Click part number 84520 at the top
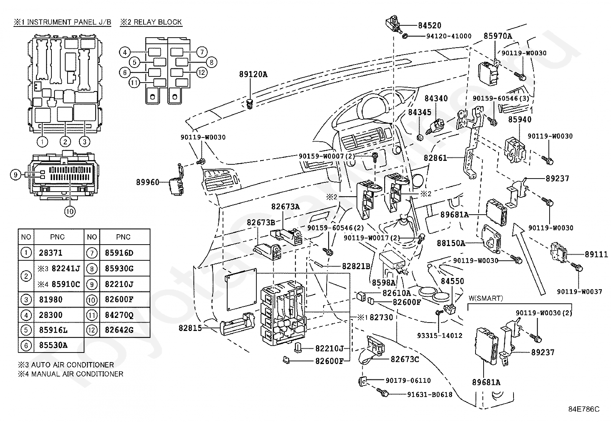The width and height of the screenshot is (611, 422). [429, 25]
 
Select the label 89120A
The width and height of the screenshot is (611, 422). [253, 74]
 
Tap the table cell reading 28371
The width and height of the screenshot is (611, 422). [51, 253]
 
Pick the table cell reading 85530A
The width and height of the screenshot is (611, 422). [53, 345]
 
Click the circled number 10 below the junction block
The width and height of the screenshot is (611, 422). [70, 211]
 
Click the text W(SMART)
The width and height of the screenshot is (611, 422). [486, 298]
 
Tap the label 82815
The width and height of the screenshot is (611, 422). [190, 328]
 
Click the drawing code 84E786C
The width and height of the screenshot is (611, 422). [584, 409]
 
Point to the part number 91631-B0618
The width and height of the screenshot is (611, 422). [429, 394]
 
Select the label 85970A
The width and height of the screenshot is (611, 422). [498, 36]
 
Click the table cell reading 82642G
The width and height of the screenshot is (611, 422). [119, 329]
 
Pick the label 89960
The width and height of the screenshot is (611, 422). [147, 182]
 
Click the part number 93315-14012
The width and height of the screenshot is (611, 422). [439, 335]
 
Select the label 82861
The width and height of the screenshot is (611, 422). [435, 157]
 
